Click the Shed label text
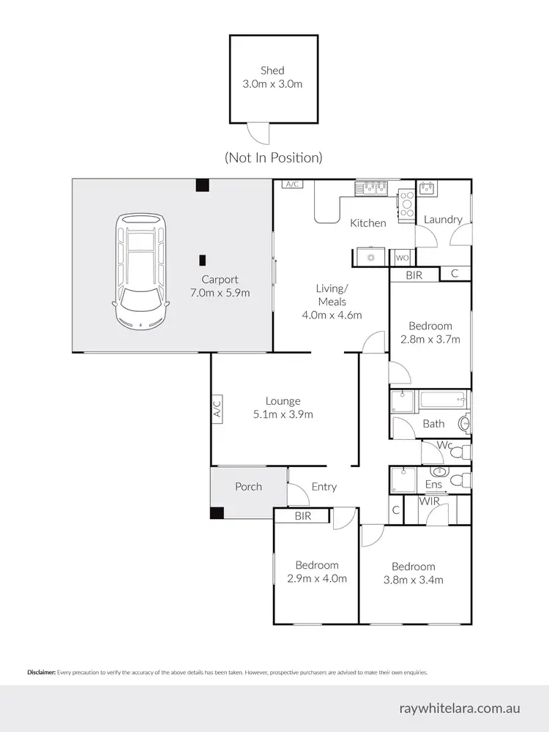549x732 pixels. pyautogui.click(x=272, y=71)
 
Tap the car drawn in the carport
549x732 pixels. pyautogui.click(x=141, y=270)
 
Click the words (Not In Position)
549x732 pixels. pyautogui.click(x=273, y=157)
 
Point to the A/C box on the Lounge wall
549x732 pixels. pyautogui.click(x=217, y=408)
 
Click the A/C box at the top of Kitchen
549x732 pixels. pyautogui.click(x=293, y=184)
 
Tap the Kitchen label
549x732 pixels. pyautogui.click(x=367, y=223)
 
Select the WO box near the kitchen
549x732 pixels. pyautogui.click(x=402, y=258)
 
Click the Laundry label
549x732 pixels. pyautogui.click(x=443, y=219)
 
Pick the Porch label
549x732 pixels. pyautogui.click(x=248, y=487)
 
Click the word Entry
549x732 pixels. pyautogui.click(x=324, y=487)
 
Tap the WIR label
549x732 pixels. pyautogui.click(x=428, y=501)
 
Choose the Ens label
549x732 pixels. pyautogui.click(x=433, y=484)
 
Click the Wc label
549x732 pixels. pyautogui.click(x=444, y=444)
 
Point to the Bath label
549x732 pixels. pyautogui.click(x=433, y=423)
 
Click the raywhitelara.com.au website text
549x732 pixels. pyautogui.click(x=460, y=708)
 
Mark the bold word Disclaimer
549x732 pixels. pyautogui.click(x=41, y=671)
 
